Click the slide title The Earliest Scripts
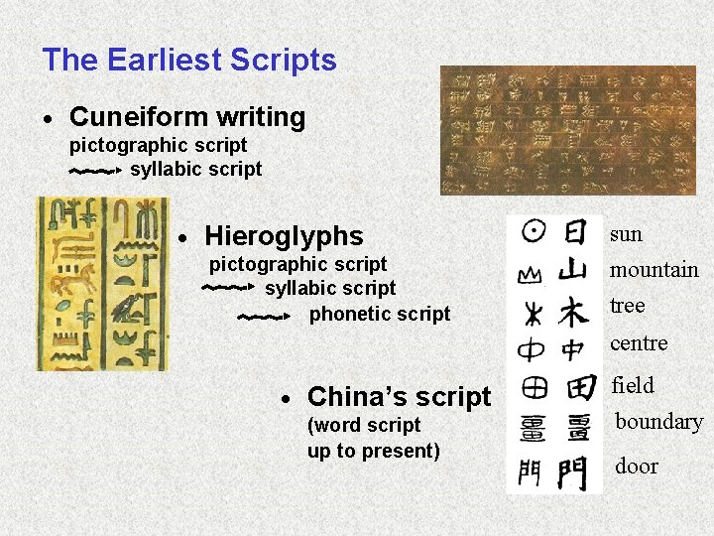189,60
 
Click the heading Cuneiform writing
187,117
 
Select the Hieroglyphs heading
284,236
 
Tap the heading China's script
399,397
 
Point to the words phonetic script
380,314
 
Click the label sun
626,234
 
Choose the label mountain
654,270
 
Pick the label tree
627,306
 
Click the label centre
639,343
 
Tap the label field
633,385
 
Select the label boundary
658,422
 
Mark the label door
636,466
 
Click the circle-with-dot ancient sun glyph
533,232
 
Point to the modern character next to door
573,472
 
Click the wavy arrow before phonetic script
264,318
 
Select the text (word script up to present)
373,438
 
